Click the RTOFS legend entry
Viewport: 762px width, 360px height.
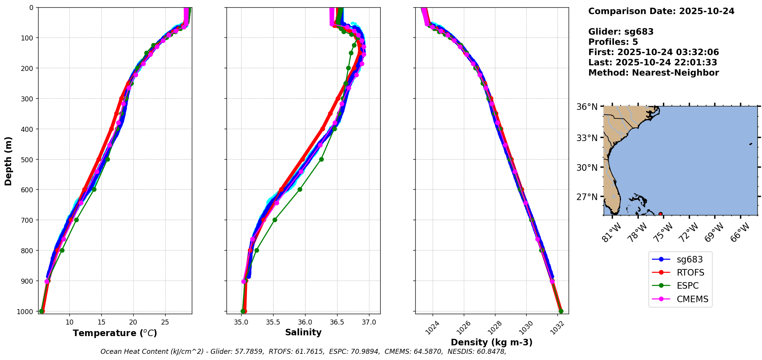[x=690, y=273]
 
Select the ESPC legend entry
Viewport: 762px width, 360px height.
[x=687, y=286]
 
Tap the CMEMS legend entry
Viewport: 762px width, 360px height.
[x=692, y=299]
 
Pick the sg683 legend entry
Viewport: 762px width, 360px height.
[x=690, y=259]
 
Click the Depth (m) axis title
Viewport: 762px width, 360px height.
[x=8, y=161]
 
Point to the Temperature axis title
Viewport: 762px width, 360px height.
[x=115, y=333]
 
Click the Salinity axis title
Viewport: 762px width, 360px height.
[x=303, y=332]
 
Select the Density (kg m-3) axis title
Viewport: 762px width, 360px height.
[x=492, y=342]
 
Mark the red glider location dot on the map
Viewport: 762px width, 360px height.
[x=660, y=214]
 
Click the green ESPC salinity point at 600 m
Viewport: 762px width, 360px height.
[x=300, y=189]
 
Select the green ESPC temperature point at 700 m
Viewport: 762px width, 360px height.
[x=76, y=220]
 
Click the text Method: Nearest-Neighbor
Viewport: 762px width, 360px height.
[x=653, y=73]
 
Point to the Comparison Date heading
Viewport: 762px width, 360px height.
[x=661, y=11]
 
